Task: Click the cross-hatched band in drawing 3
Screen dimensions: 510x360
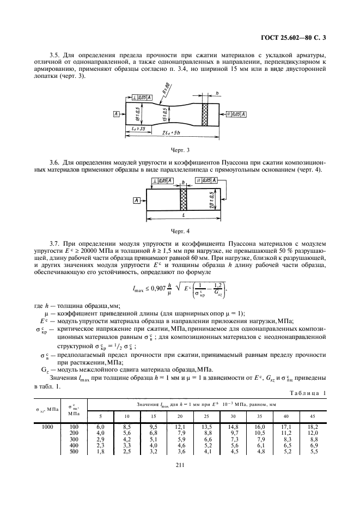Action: coord(206,114)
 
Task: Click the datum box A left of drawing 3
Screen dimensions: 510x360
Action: coord(117,114)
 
